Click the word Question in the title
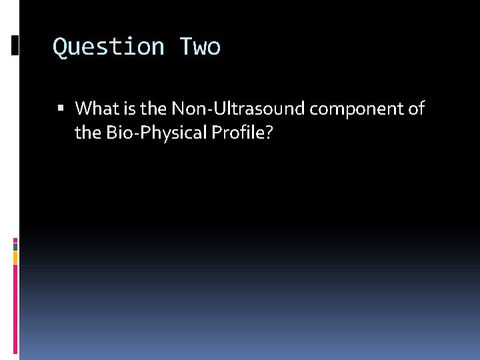tap(109, 47)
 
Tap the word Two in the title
tap(199, 47)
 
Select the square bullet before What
tap(61, 108)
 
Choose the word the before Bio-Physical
tap(87, 133)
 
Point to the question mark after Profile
tap(269, 133)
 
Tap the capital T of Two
tap(185, 47)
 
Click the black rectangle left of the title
tap(15, 45)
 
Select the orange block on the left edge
tap(16, 257)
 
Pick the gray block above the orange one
tap(16, 246)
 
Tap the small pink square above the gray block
tap(16, 239)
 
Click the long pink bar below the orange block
tap(16, 310)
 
